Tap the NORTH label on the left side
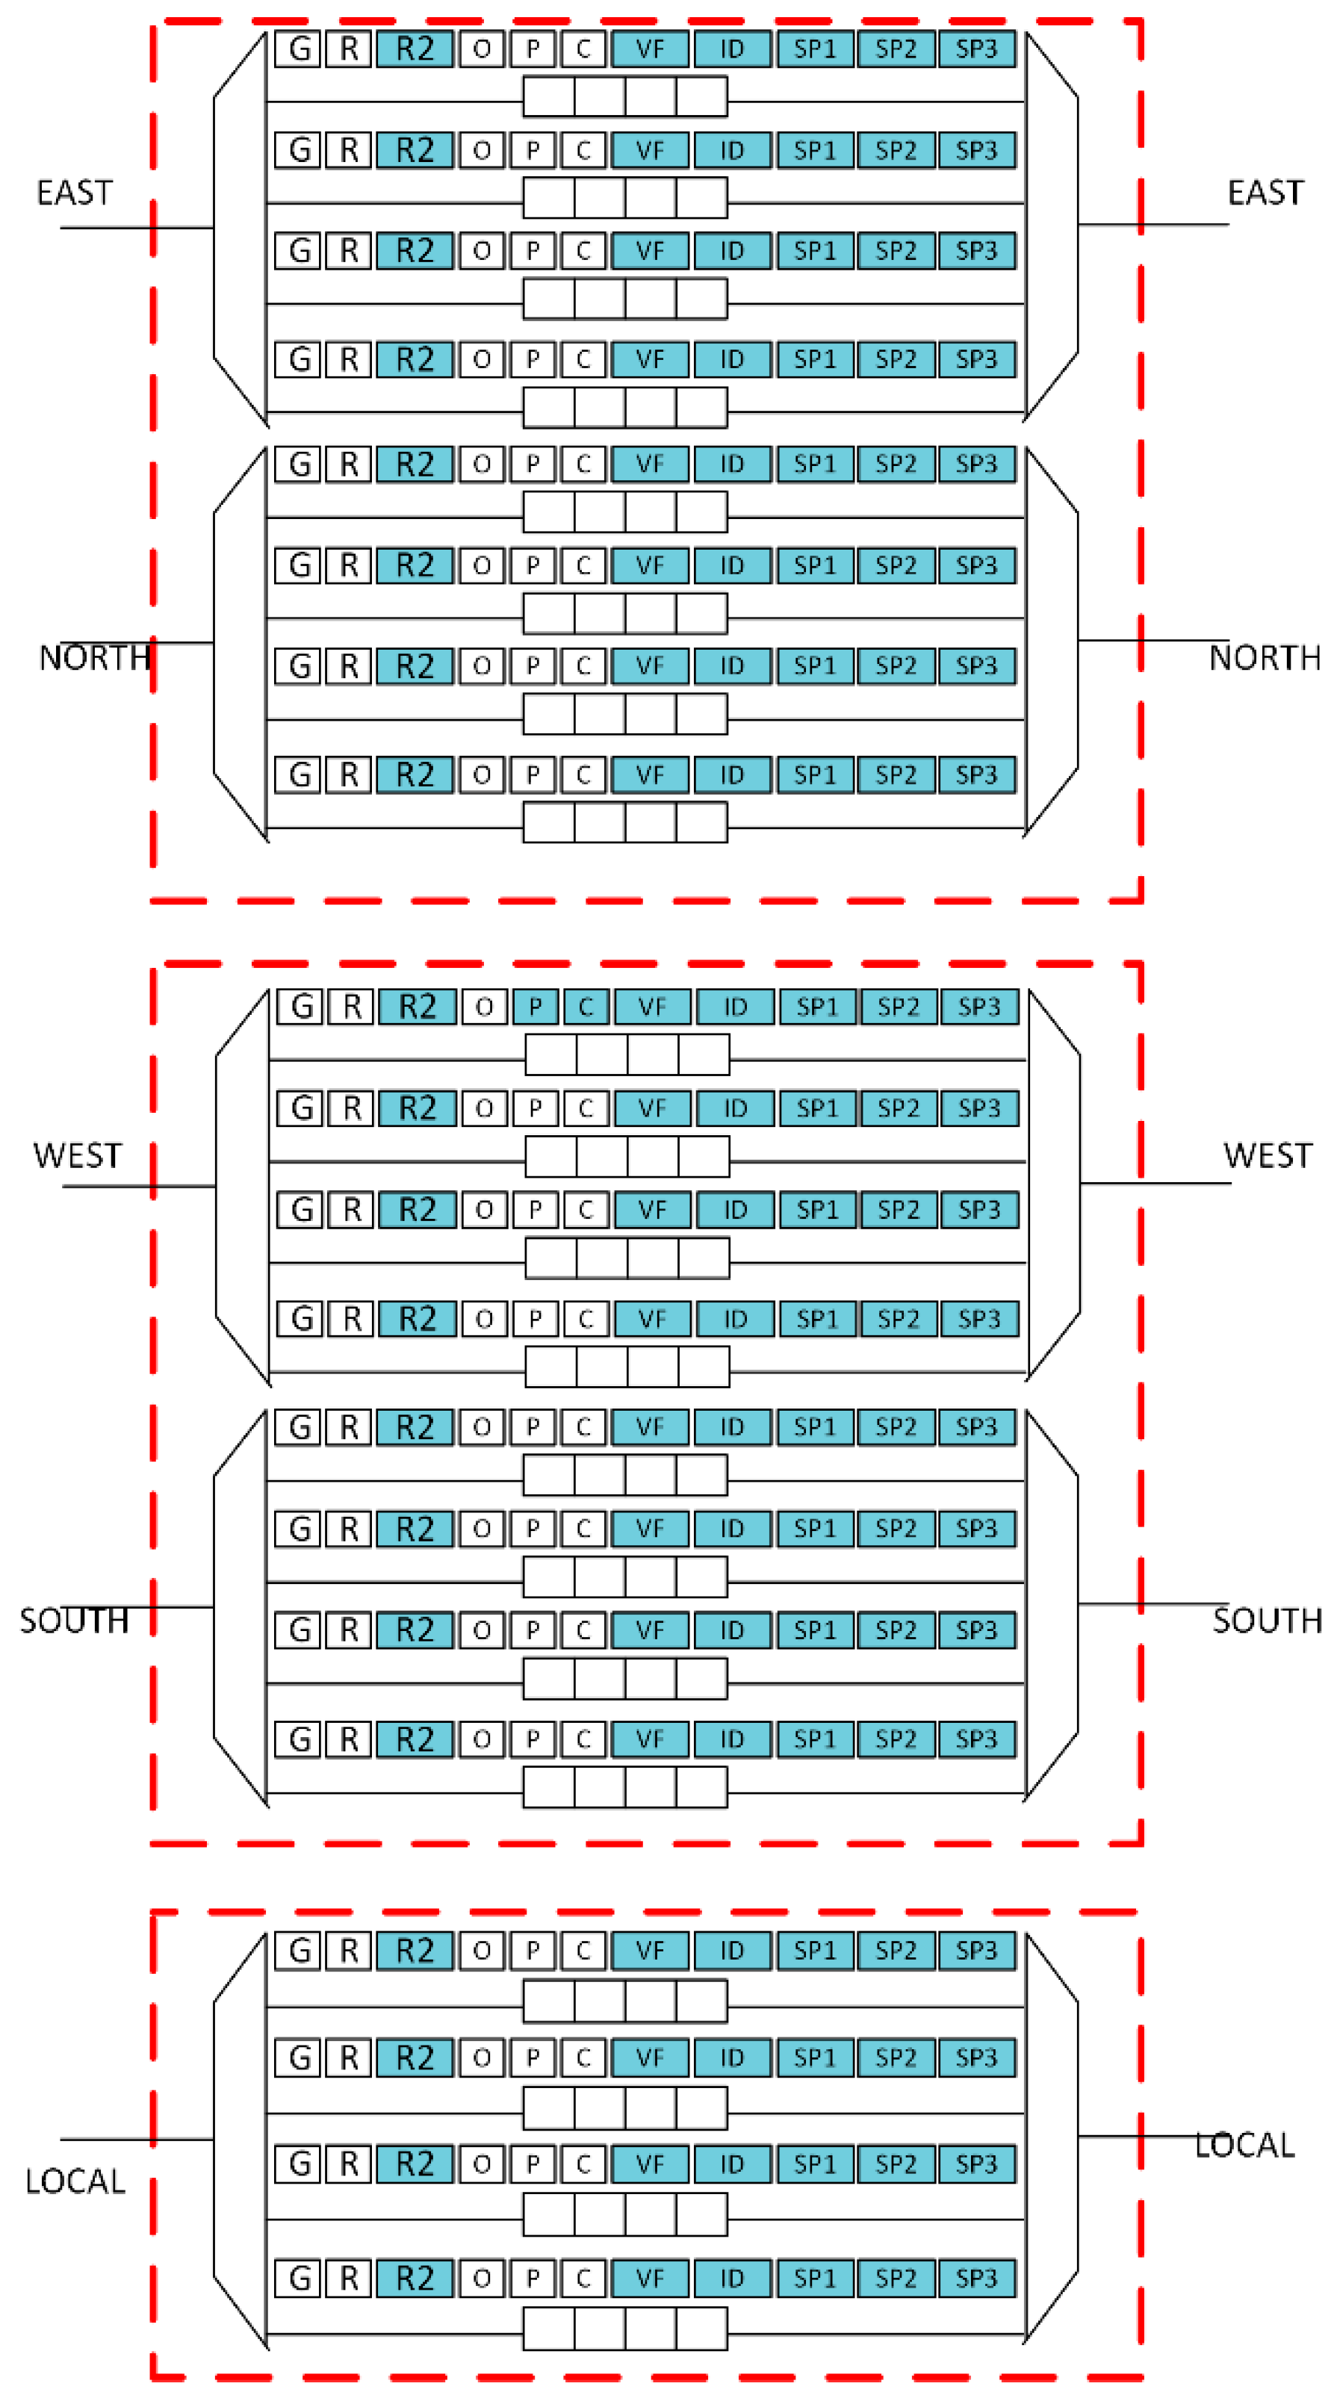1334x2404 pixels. click(x=94, y=658)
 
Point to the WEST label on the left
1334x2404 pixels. click(x=78, y=1155)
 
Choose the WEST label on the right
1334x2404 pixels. click(x=1267, y=1155)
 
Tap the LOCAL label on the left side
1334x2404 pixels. click(x=75, y=2181)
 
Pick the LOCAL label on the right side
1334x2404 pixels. click(x=1244, y=2145)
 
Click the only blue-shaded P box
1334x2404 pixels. click(x=535, y=1007)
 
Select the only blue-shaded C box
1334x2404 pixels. click(x=586, y=1007)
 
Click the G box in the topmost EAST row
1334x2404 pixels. click(x=299, y=49)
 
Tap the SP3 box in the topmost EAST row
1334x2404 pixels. click(x=975, y=49)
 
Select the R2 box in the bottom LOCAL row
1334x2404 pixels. click(x=415, y=2278)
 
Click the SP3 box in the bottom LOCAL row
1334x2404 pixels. click(x=975, y=2278)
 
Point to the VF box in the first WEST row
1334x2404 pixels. click(x=651, y=1007)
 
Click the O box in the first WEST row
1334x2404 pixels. click(x=483, y=1007)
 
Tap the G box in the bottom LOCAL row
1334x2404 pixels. click(x=299, y=2278)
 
